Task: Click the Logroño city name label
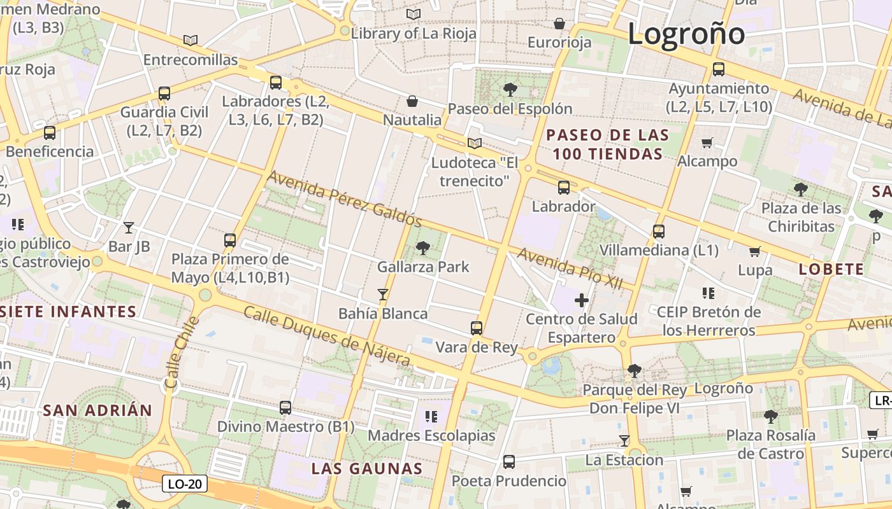[686, 33]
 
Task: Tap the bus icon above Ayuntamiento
[719, 69]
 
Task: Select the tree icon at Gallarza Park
[422, 248]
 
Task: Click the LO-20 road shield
[185, 484]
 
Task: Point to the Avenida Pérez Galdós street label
[344, 199]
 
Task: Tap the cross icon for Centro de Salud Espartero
[581, 300]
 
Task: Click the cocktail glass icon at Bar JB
[129, 227]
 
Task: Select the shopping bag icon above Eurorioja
[559, 24]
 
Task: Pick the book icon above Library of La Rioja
[414, 14]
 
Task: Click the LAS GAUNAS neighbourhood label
[367, 469]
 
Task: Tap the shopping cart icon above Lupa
[755, 251]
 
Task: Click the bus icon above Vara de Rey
[477, 328]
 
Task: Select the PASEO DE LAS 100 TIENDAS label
[608, 144]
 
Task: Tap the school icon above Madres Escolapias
[431, 417]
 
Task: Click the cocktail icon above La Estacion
[624, 441]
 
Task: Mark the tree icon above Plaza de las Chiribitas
[801, 189]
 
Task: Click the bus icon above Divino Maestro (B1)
[285, 407]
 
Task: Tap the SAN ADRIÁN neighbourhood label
[97, 410]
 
